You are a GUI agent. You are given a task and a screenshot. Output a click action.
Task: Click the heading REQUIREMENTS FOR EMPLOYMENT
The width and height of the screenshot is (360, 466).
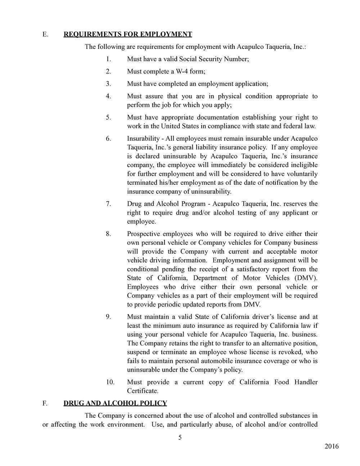pos(128,34)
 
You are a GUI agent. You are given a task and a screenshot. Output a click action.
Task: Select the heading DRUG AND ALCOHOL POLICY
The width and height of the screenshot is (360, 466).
pos(115,403)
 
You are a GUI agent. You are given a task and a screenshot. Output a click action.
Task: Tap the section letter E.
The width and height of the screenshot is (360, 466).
pos(45,34)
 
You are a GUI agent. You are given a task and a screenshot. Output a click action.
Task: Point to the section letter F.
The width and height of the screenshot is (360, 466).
pos(45,403)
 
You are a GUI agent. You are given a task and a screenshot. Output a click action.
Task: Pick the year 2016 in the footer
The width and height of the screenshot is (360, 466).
pos(332,447)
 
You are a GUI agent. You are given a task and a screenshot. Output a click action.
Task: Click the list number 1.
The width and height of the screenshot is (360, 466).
pos(108,59)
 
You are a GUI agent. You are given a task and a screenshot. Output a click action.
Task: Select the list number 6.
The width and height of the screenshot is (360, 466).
pos(108,139)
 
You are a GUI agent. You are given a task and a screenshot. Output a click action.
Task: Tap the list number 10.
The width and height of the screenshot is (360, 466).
pos(110,382)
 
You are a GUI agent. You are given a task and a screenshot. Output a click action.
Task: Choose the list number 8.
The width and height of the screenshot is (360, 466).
pos(108,234)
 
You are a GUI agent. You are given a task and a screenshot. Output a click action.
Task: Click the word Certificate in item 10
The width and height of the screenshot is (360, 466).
pos(142,391)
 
